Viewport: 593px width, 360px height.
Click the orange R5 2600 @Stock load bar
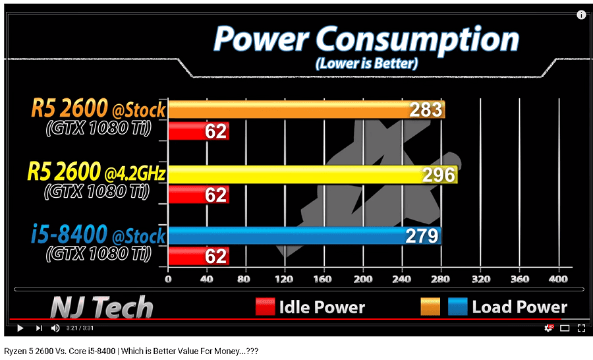point(290,109)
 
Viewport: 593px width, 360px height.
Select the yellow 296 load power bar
point(296,174)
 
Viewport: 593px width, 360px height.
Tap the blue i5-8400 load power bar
point(290,235)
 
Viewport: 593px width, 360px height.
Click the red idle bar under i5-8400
point(198,256)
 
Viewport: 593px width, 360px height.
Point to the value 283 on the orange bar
point(426,110)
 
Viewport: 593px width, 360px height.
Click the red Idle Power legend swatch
point(265,307)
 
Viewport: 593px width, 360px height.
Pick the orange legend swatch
point(430,307)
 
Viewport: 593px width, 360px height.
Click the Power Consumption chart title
point(366,40)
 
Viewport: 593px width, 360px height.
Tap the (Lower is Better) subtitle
point(366,64)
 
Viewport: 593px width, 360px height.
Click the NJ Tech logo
point(101,307)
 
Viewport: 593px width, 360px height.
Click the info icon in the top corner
point(581,15)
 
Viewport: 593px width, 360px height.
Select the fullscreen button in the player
point(581,328)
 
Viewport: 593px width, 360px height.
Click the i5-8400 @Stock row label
point(98,235)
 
